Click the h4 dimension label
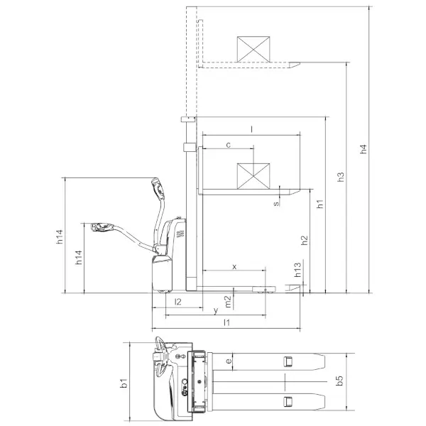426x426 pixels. (x=363, y=149)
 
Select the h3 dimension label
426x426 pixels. (x=341, y=177)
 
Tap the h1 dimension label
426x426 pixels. (x=320, y=204)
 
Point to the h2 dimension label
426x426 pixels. (x=305, y=240)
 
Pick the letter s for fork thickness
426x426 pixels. (x=277, y=203)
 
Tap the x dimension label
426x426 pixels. (x=234, y=266)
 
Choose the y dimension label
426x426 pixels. (x=214, y=310)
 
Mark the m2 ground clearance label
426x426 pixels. (x=227, y=301)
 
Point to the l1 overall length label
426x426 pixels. (x=226, y=323)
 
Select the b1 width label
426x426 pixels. (x=124, y=384)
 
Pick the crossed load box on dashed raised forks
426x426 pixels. (x=254, y=48)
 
